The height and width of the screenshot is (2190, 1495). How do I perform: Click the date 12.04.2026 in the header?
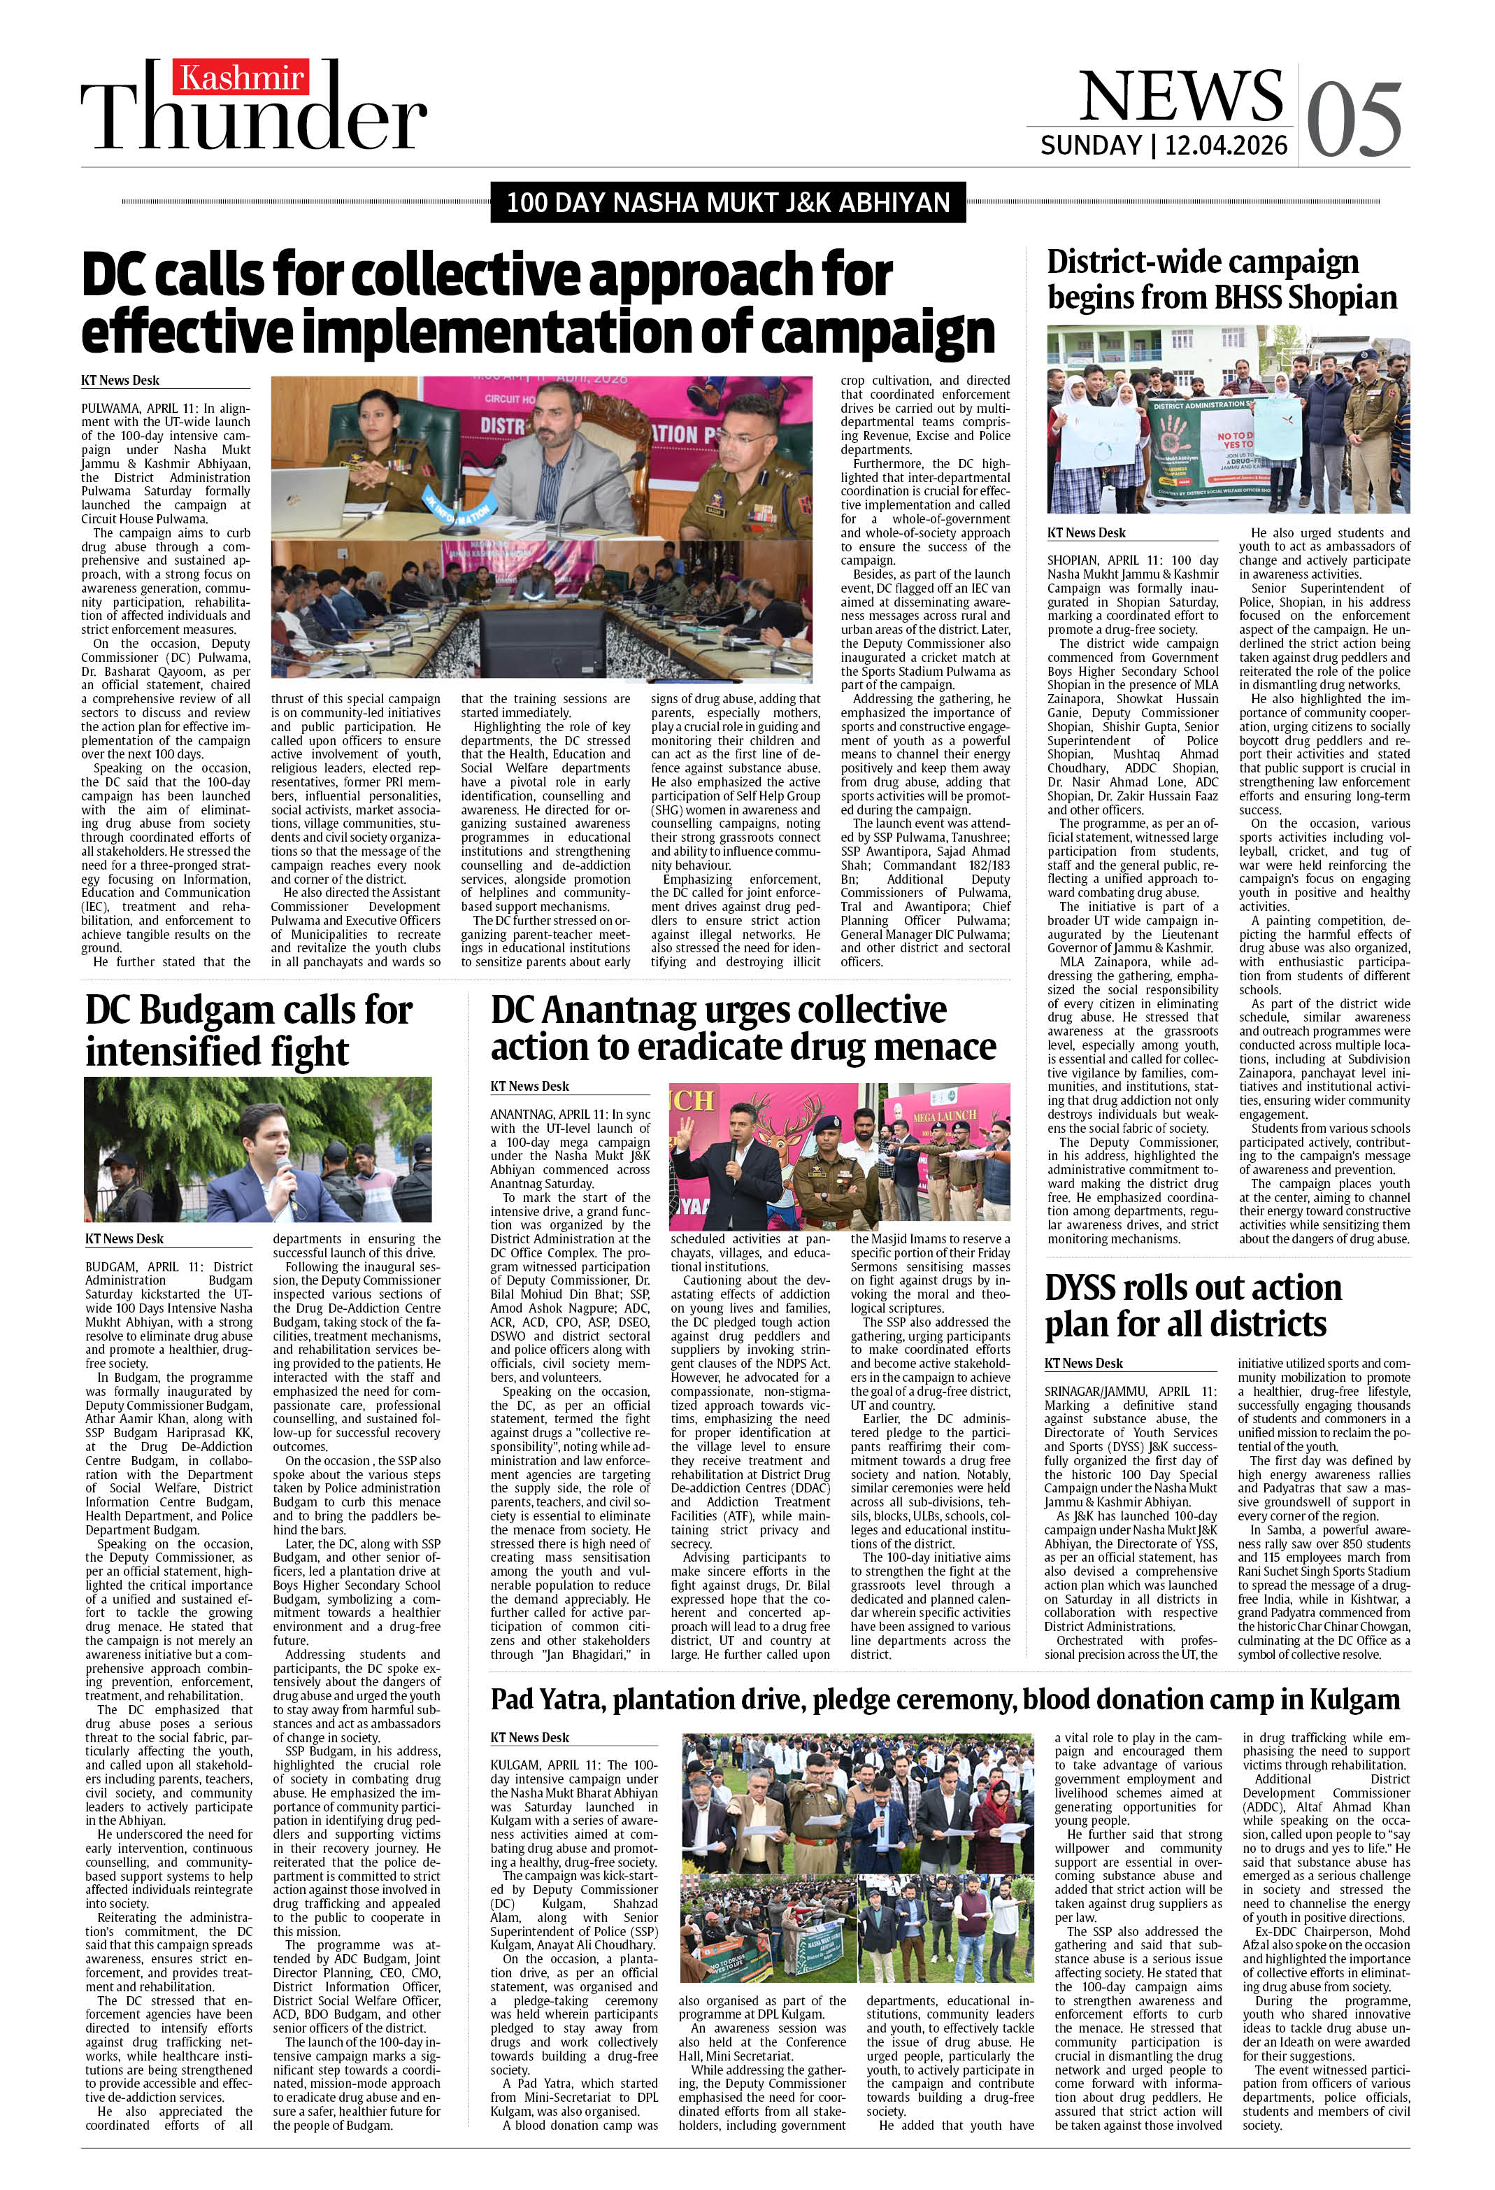pyautogui.click(x=1226, y=145)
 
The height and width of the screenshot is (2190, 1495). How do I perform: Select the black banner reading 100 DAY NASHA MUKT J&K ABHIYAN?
pyautogui.click(x=727, y=203)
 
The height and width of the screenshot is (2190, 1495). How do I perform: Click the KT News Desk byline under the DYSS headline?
pyautogui.click(x=1083, y=1364)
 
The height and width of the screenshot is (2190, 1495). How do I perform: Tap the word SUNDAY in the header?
pyautogui.click(x=1090, y=145)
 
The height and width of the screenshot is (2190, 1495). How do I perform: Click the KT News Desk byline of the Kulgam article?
pyautogui.click(x=529, y=1738)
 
